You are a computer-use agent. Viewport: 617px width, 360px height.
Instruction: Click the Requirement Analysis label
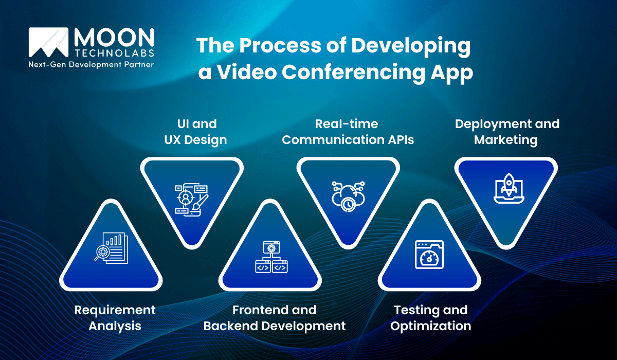(x=115, y=318)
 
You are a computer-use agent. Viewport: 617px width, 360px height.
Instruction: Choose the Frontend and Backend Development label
(x=275, y=318)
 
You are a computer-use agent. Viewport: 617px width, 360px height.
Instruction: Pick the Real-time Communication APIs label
(x=348, y=132)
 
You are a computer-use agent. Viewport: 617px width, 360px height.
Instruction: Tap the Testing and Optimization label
(x=431, y=318)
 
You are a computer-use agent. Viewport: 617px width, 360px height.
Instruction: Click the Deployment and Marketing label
(x=507, y=132)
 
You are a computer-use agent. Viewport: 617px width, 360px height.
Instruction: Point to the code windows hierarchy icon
(x=271, y=257)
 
